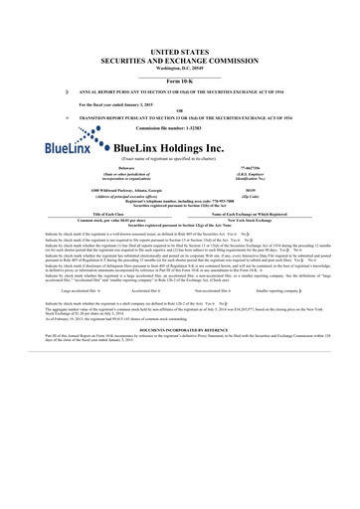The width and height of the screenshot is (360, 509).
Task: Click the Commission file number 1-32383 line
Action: tap(179, 129)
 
